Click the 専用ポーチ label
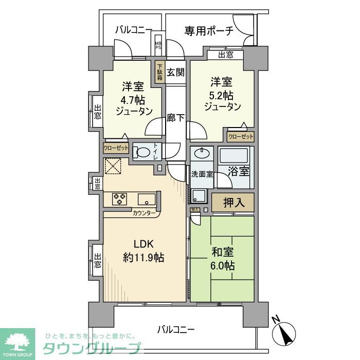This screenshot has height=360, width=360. coord(209,31)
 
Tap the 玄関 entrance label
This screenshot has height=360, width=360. coord(176,73)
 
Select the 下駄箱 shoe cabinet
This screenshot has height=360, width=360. coord(160,73)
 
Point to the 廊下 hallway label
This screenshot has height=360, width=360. coord(176,118)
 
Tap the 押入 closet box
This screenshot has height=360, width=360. coord(233,203)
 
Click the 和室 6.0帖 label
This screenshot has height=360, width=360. coord(223,259)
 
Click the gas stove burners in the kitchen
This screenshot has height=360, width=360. coord(120,199)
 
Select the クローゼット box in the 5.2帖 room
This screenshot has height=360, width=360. coord(241,137)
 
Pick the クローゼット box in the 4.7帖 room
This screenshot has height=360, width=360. coord(116,148)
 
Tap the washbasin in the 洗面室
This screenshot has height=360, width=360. coord(202,153)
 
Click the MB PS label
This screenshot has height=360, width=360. coord(158,45)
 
